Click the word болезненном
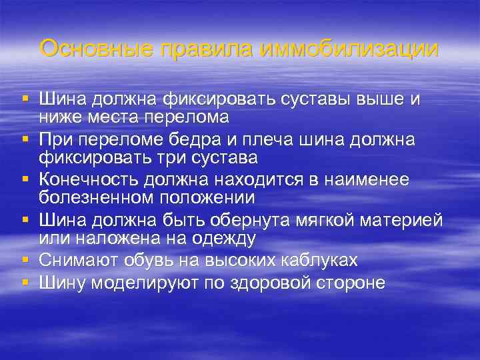99,198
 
